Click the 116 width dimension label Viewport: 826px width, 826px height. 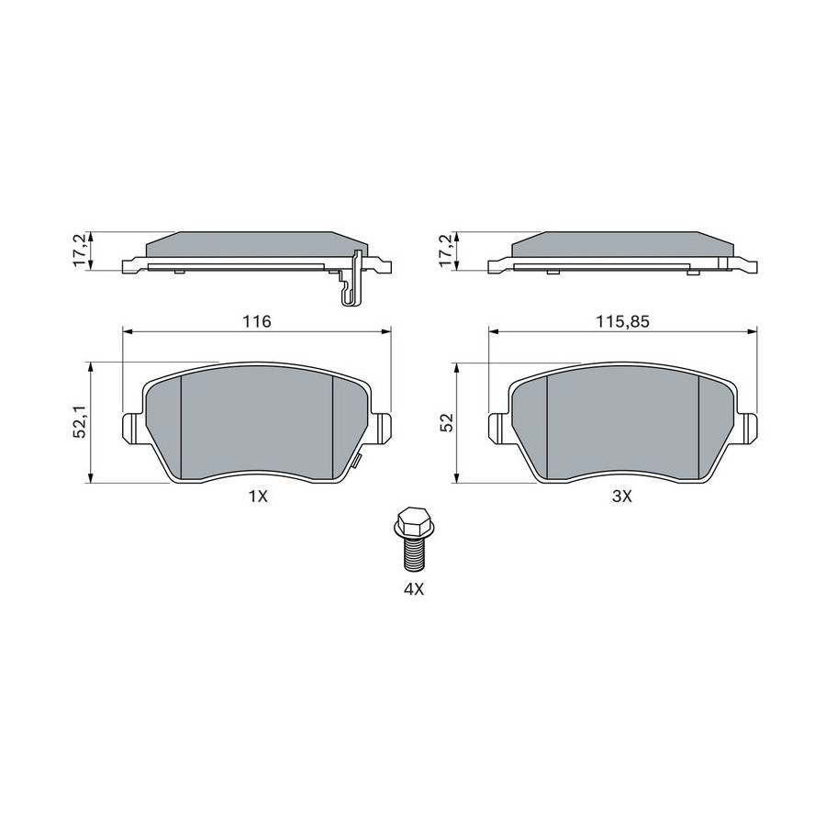tap(258, 321)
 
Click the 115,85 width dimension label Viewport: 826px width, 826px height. tap(622, 321)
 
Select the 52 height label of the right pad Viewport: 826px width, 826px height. tap(448, 422)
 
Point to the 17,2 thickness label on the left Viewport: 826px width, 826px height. tap(81, 251)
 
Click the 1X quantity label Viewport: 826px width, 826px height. tap(258, 496)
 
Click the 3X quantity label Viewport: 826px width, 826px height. tap(621, 496)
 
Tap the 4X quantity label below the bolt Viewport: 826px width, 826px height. tap(414, 589)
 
